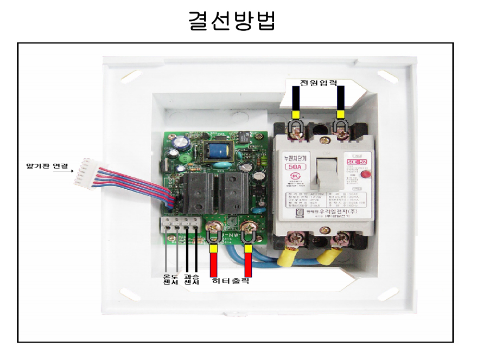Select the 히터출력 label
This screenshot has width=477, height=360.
[x=231, y=281]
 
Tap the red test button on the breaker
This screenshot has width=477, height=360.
[x=366, y=175]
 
